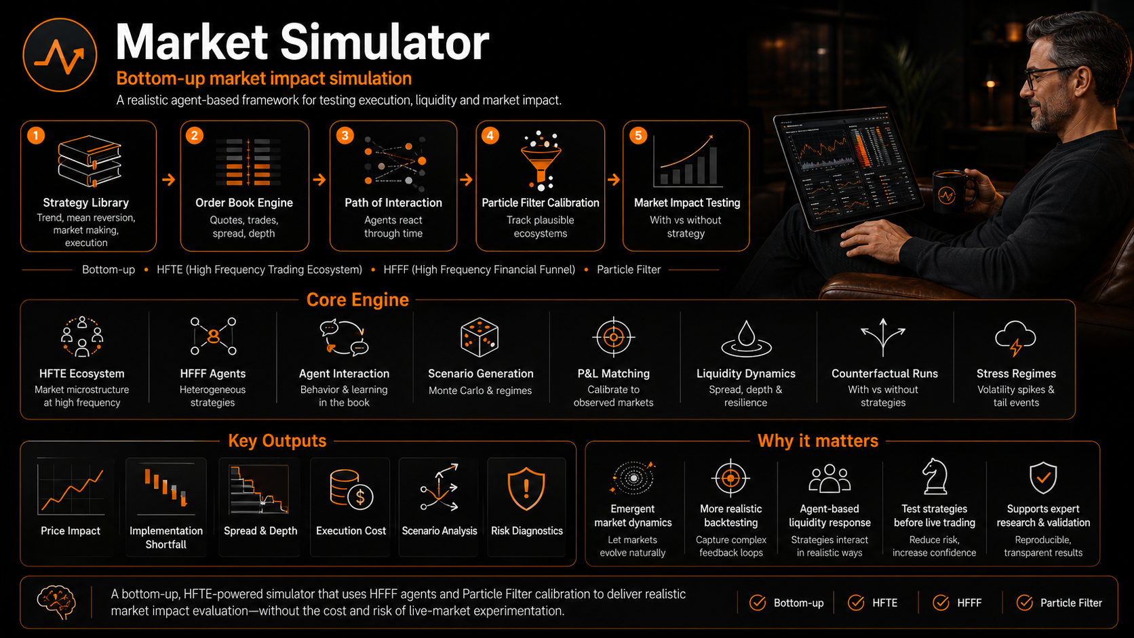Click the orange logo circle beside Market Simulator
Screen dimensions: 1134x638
(x=60, y=55)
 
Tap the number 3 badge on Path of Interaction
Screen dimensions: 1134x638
(x=345, y=136)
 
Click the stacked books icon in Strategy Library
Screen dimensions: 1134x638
(x=90, y=161)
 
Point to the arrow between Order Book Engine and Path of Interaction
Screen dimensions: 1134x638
(x=319, y=180)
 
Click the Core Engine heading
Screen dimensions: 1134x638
(x=357, y=300)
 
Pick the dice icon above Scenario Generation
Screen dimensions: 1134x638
(x=480, y=337)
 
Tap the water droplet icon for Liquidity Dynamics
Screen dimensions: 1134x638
(x=746, y=338)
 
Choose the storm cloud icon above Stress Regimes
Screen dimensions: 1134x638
(x=1015, y=338)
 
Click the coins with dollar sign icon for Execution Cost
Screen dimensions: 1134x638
(x=351, y=490)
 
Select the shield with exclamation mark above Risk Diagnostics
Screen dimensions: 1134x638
(x=526, y=488)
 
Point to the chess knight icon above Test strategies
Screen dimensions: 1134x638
(x=935, y=476)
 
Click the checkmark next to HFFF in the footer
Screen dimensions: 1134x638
(x=941, y=603)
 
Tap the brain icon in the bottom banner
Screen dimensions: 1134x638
(x=56, y=602)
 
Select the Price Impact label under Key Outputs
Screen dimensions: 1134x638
(x=71, y=531)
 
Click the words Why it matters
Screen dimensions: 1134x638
(x=817, y=441)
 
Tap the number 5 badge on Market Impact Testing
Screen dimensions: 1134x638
(x=638, y=136)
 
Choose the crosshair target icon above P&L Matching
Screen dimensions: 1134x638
(x=614, y=337)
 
